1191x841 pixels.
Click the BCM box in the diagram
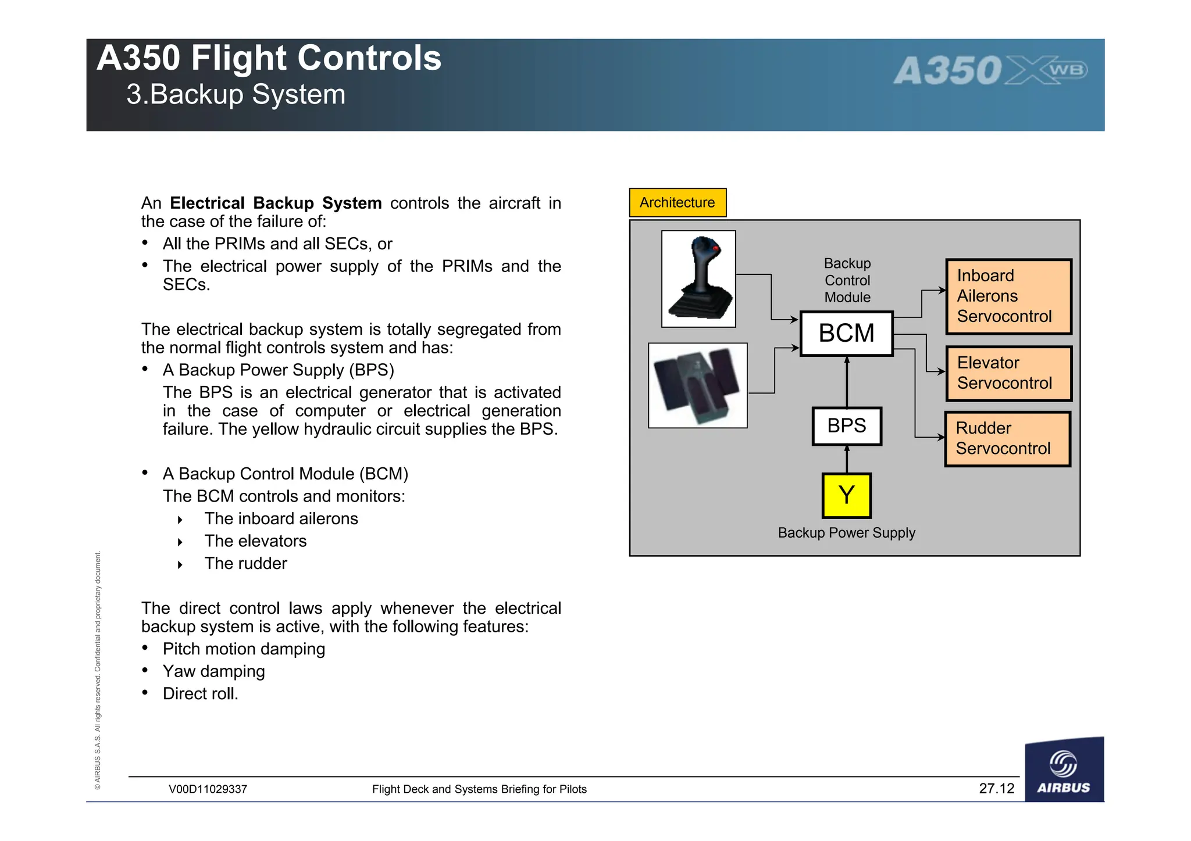click(846, 334)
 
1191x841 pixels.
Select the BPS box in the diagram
click(846, 426)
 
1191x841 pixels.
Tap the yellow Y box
click(846, 495)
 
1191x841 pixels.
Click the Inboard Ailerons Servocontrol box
click(1008, 296)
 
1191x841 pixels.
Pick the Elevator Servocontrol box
click(1008, 373)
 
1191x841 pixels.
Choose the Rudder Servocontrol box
click(1007, 439)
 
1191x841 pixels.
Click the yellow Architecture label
click(677, 202)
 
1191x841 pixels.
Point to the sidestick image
click(698, 279)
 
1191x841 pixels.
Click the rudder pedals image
click(697, 385)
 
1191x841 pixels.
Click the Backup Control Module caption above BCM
click(847, 280)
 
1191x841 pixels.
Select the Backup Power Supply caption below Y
click(846, 532)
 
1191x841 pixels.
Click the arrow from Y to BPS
click(847, 459)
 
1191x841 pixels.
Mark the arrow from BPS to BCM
click(847, 381)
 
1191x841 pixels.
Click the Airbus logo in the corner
click(1064, 771)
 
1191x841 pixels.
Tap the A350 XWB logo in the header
click(990, 71)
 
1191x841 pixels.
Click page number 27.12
click(996, 788)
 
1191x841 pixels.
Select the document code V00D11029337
click(208, 789)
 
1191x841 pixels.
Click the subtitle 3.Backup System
click(236, 94)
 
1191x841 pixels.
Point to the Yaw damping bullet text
click(213, 671)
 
